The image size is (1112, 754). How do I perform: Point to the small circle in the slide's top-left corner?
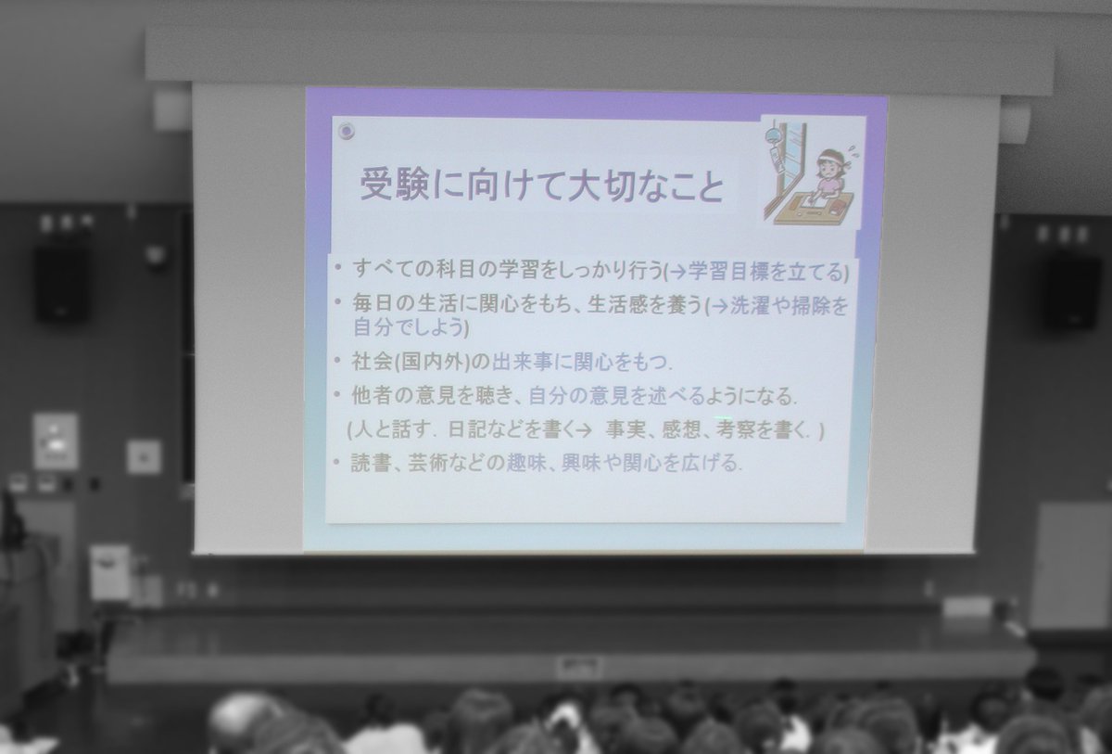[346, 130]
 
